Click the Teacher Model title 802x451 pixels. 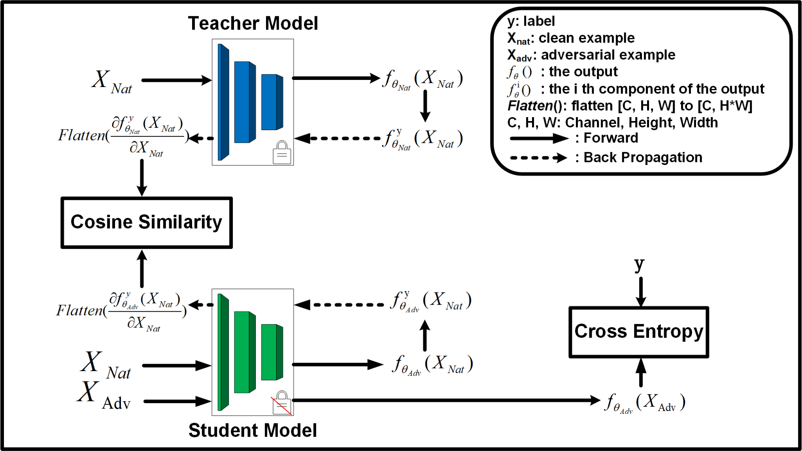click(x=253, y=23)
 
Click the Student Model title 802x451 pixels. click(x=253, y=430)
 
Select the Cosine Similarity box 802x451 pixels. click(x=147, y=222)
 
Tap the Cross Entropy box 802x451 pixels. click(x=639, y=332)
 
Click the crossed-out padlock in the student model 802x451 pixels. click(x=281, y=403)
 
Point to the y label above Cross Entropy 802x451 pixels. click(x=640, y=264)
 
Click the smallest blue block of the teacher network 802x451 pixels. click(x=272, y=102)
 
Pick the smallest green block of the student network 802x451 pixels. click(x=272, y=352)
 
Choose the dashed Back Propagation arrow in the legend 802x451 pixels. click(x=539, y=158)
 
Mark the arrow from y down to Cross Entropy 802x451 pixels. click(x=641, y=292)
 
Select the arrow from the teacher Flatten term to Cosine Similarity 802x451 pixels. click(x=142, y=178)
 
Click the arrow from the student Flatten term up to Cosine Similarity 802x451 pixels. click(x=142, y=269)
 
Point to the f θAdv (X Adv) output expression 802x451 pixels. click(x=645, y=403)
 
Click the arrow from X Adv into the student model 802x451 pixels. click(x=177, y=401)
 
